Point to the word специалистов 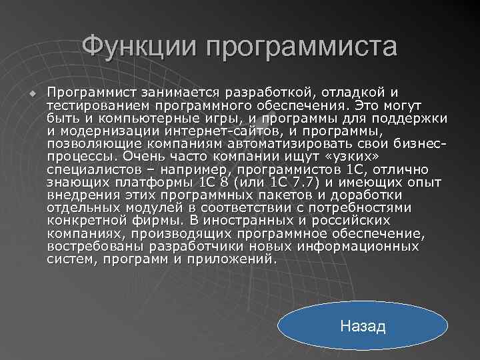click(91, 170)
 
